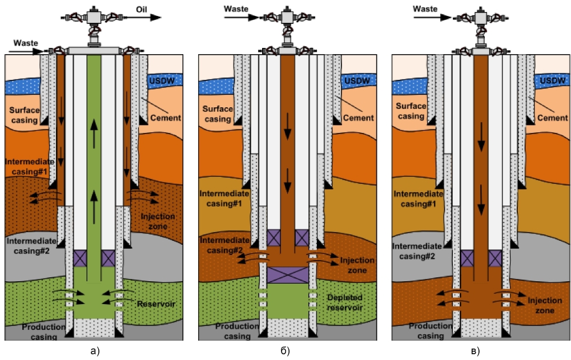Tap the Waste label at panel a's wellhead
click(25, 43)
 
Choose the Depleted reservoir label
click(346, 303)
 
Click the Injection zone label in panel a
click(157, 222)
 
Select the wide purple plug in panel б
click(288, 275)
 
